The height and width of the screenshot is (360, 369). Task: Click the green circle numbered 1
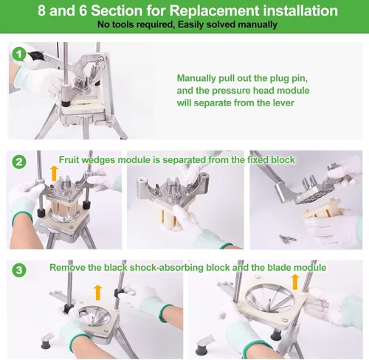tap(19, 54)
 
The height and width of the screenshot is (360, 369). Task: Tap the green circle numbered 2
tap(19, 162)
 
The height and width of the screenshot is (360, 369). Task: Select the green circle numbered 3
tap(19, 270)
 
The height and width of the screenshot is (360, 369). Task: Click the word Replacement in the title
tap(214, 11)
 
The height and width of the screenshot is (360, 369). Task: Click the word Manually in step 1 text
tap(196, 78)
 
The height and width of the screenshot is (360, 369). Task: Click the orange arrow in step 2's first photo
tap(54, 173)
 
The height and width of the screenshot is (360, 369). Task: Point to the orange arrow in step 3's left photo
tap(98, 292)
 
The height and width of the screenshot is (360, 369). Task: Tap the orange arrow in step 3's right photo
tap(295, 282)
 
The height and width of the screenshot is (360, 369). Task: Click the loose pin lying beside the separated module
tap(287, 238)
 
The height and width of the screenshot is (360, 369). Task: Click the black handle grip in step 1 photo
tap(36, 56)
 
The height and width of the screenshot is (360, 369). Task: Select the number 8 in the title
tap(41, 11)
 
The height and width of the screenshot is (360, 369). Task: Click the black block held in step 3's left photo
tap(120, 293)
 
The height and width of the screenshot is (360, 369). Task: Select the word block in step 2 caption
tap(283, 160)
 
